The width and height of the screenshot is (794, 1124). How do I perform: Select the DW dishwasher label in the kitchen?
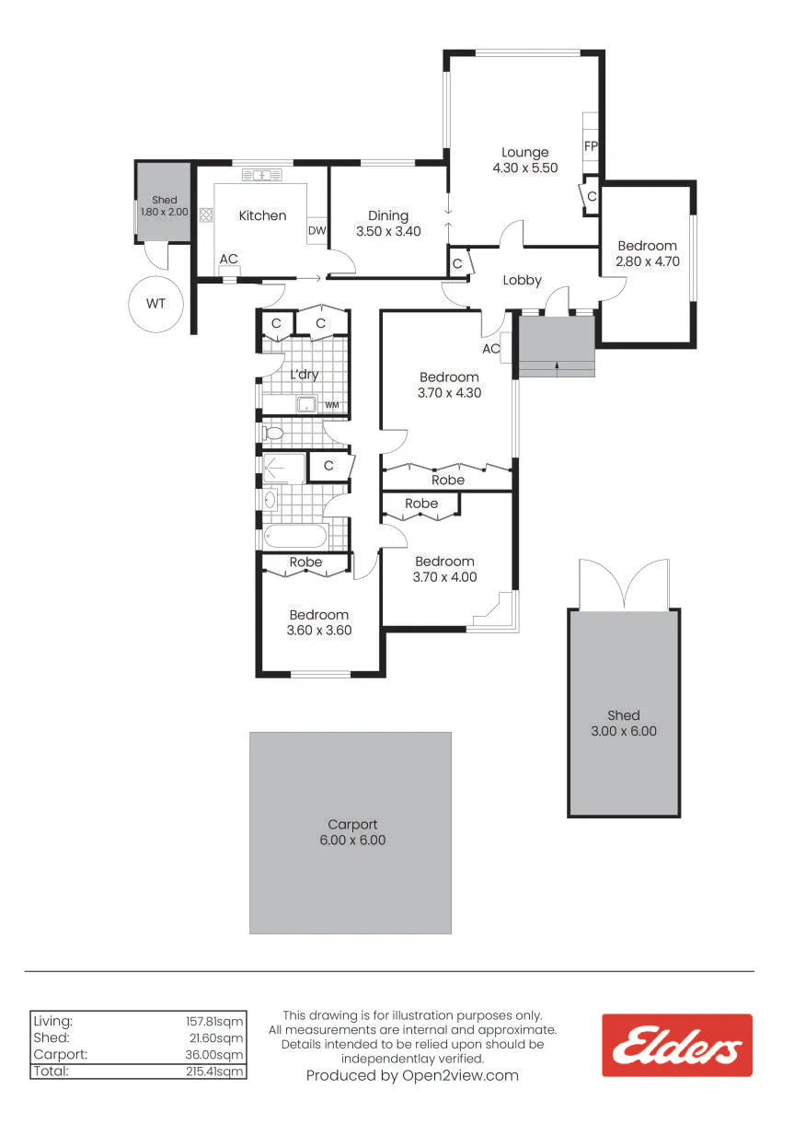coord(316,230)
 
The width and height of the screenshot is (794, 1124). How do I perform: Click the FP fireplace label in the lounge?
coord(591,146)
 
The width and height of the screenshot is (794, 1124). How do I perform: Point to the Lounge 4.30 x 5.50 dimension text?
coord(525,168)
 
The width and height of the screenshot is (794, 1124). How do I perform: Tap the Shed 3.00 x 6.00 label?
coord(624,723)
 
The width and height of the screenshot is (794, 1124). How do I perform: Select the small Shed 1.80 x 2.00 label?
coord(165,205)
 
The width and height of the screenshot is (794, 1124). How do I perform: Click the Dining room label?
coord(388,215)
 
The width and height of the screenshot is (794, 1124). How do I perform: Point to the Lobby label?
coord(523,280)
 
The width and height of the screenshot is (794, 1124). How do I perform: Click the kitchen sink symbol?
coord(262,175)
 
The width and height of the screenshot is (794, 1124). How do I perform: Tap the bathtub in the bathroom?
coord(295,537)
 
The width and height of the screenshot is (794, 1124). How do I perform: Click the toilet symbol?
coord(273,432)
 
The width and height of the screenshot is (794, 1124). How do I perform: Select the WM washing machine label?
coord(332,405)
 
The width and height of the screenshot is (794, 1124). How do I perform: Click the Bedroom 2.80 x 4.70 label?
coord(648,253)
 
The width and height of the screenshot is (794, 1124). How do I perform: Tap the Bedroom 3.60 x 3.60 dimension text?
coord(319,631)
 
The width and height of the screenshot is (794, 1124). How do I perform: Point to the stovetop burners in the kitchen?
coord(206,214)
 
